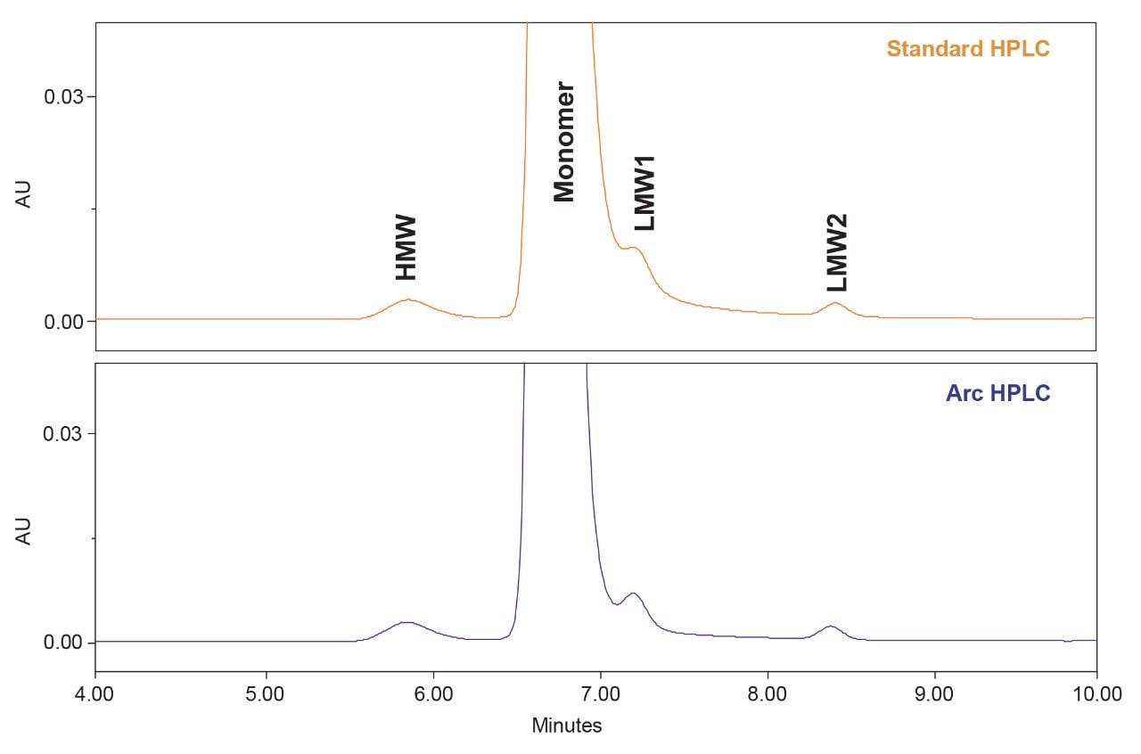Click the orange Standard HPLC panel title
(967, 48)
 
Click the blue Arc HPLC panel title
(997, 393)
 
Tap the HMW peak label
(406, 248)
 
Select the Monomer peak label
(563, 143)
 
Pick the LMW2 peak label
(836, 252)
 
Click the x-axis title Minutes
(567, 725)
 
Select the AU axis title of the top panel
(25, 195)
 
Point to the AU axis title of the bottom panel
(25, 532)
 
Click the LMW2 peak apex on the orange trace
(835, 303)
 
